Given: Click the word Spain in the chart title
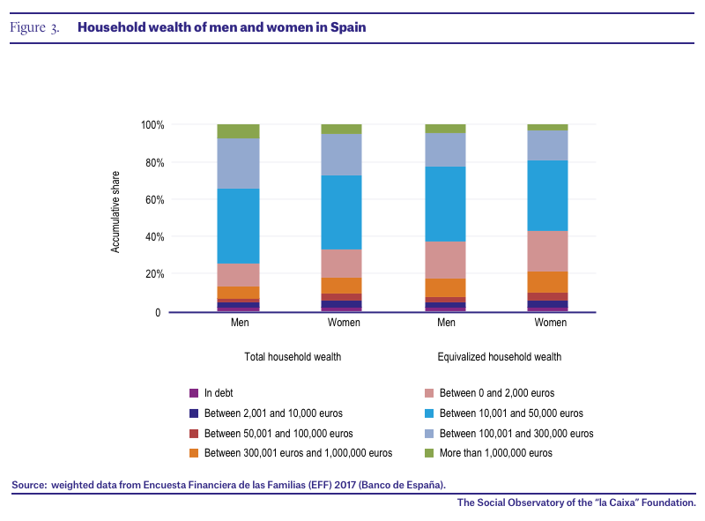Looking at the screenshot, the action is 348,27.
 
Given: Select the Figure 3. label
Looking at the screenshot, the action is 34,27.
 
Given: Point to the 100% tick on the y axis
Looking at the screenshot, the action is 152,124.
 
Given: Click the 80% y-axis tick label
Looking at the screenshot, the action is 155,162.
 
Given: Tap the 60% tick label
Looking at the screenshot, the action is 155,200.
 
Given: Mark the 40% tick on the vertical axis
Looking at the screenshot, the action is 155,236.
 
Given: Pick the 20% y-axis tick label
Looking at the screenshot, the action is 155,273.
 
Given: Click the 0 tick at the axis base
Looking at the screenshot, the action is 158,312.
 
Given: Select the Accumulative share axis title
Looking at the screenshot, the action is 115,212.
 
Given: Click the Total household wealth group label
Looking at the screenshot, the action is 293,357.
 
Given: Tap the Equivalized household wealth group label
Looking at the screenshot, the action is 500,357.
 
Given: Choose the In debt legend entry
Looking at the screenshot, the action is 211,393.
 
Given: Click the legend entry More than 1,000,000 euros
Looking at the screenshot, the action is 489,453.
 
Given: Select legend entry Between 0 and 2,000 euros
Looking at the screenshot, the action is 490,393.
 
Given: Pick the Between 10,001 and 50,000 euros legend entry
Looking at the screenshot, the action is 504,413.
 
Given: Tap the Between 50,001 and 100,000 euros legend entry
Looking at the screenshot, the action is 271,433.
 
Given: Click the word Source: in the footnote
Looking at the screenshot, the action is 29,485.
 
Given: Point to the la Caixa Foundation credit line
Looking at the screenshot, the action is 576,502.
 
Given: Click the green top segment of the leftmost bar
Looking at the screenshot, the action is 238,131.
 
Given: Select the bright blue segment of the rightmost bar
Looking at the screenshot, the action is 547,196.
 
